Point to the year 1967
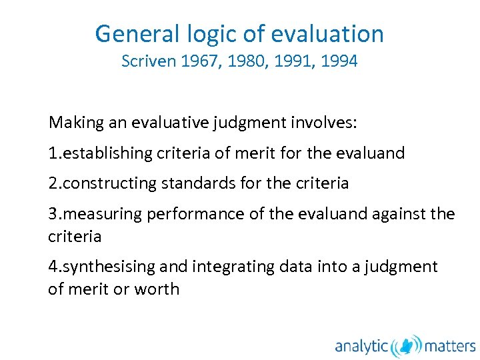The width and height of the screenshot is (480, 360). (x=198, y=61)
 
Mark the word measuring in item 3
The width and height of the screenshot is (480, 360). (x=100, y=214)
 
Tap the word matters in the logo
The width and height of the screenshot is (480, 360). (x=450, y=346)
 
